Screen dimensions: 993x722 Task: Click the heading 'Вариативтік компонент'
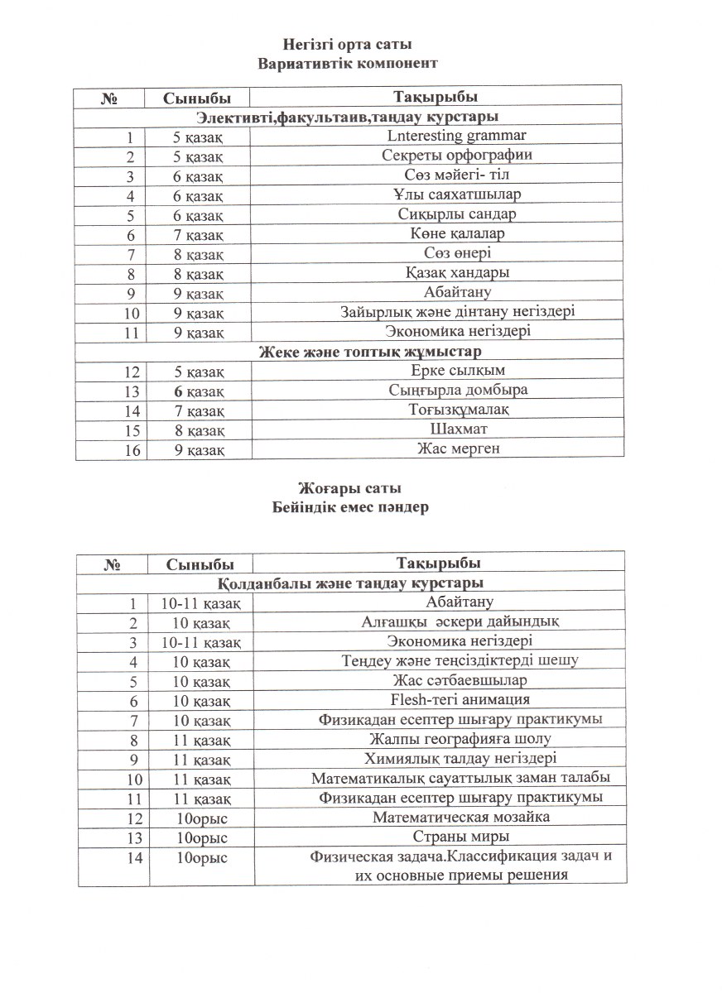[347, 63]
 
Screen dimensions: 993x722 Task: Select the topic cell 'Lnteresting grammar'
[457, 136]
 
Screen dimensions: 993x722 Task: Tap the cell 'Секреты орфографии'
[457, 156]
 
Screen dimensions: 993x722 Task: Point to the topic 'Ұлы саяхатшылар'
[457, 194]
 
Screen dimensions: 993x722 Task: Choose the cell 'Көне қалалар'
[457, 233]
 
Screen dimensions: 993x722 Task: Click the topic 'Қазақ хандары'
[457, 272]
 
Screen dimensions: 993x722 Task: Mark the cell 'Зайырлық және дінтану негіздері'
[457, 311]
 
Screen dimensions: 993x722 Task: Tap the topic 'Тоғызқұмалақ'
[457, 410]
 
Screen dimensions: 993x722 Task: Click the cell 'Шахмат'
[457, 429]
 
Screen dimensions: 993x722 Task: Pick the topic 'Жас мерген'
[457, 449]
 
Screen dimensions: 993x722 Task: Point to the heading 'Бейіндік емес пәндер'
[350, 508]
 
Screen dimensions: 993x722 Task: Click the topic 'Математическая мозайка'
[460, 817]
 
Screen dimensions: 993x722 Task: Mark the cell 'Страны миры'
[460, 837]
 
